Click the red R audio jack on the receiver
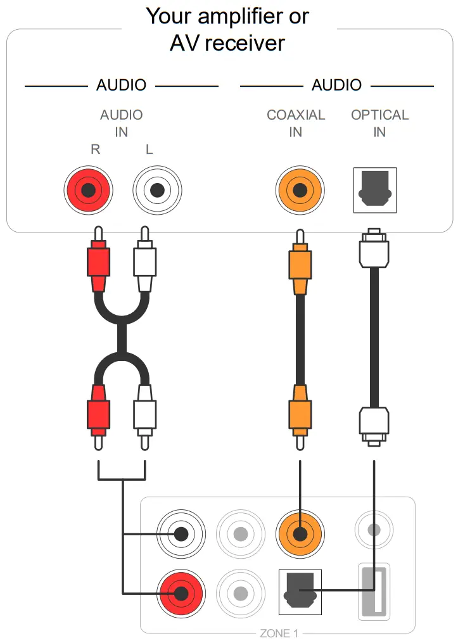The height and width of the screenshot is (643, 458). [89, 190]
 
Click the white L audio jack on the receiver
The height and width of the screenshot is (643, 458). [157, 190]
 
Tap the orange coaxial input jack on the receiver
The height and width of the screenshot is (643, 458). [299, 190]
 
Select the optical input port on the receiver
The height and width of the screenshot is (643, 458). [374, 190]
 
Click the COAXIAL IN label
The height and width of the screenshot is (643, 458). [295, 124]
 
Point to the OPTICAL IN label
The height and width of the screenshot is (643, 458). [379, 124]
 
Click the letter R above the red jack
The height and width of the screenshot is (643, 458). [96, 150]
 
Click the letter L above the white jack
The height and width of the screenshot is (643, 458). [149, 150]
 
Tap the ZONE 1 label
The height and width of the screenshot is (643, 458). [279, 633]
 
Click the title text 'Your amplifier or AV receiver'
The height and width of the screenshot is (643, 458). [228, 29]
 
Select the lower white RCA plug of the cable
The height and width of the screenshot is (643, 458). [145, 412]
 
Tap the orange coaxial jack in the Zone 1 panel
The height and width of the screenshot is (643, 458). [300, 533]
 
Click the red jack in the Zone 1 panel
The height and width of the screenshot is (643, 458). [182, 594]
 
